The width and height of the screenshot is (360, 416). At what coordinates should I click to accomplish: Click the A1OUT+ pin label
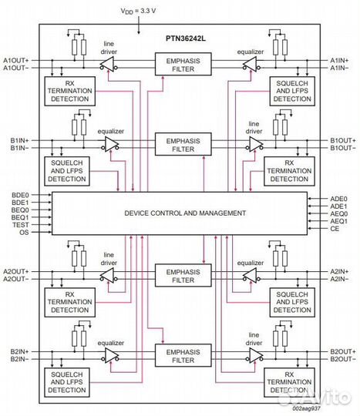click(16, 59)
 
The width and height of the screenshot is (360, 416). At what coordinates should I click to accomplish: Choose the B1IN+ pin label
click(19, 140)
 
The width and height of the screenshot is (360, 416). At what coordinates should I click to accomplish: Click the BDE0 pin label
click(21, 195)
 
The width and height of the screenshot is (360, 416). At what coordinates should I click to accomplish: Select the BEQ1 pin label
click(21, 217)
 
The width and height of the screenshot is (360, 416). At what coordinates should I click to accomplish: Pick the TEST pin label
click(21, 224)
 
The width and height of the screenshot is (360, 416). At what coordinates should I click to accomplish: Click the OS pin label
click(25, 232)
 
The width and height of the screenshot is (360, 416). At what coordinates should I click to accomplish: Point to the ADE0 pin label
click(339, 199)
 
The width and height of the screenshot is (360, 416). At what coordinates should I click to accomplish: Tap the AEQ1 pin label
click(339, 221)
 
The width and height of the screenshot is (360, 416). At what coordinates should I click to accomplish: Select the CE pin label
click(335, 229)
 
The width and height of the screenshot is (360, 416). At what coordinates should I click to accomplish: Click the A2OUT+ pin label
click(16, 272)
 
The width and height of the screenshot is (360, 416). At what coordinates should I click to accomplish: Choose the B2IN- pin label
click(19, 359)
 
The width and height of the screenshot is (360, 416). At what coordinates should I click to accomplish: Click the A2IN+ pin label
click(340, 272)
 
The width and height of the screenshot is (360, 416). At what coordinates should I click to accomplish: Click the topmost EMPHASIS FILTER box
click(183, 64)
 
